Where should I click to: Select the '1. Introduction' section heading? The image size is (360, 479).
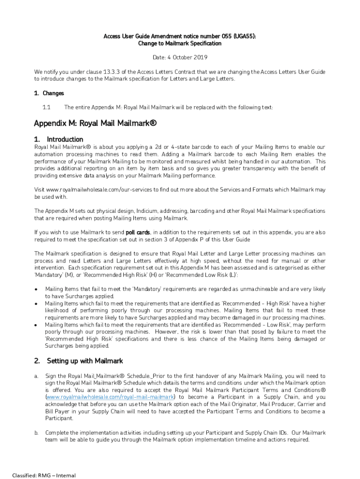tap(58, 139)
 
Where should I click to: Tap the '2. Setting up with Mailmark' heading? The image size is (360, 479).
tap(78, 361)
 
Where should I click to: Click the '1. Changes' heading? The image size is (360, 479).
tap(49, 94)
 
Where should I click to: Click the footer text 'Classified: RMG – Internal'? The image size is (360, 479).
tap(44, 475)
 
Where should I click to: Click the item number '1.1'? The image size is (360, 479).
tap(46, 108)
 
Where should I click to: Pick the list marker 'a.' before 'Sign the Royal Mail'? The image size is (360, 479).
tap(36, 376)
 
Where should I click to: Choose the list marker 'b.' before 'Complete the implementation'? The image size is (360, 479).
tap(36, 433)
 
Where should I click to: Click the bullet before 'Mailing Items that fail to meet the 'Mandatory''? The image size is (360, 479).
tap(36, 289)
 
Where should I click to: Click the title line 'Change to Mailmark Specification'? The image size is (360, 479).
tap(180, 44)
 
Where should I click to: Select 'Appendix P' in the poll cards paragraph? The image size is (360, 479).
tap(199, 239)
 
